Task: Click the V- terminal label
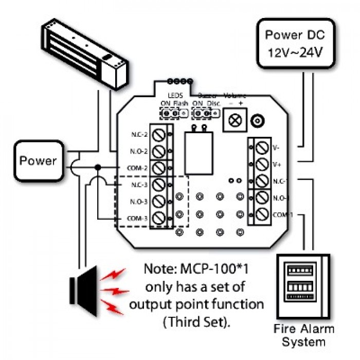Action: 276,148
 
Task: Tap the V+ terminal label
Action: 276,164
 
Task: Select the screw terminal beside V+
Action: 262,164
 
